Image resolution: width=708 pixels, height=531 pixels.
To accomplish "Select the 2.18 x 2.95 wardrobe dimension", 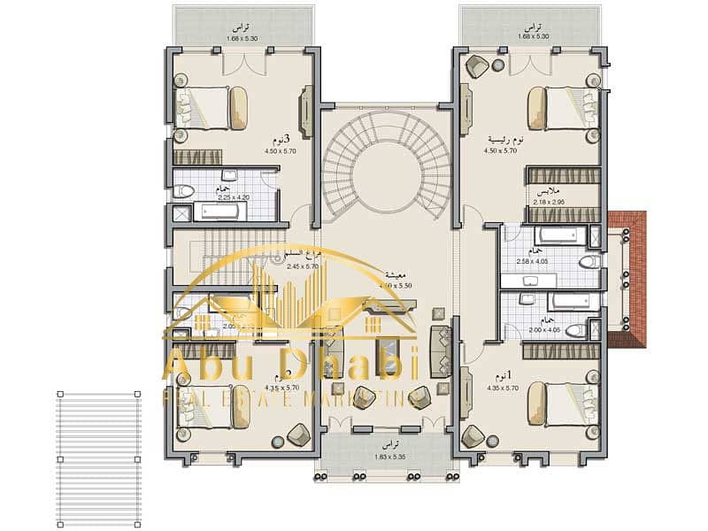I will tap(549, 202).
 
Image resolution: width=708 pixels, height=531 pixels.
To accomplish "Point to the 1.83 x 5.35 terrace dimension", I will tap(387, 457).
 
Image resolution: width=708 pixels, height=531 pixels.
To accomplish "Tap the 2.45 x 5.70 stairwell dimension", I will tap(303, 265).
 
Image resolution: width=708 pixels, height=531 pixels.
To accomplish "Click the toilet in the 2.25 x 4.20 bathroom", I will tap(184, 190).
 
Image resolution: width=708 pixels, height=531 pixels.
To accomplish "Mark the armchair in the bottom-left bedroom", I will tap(298, 434).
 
